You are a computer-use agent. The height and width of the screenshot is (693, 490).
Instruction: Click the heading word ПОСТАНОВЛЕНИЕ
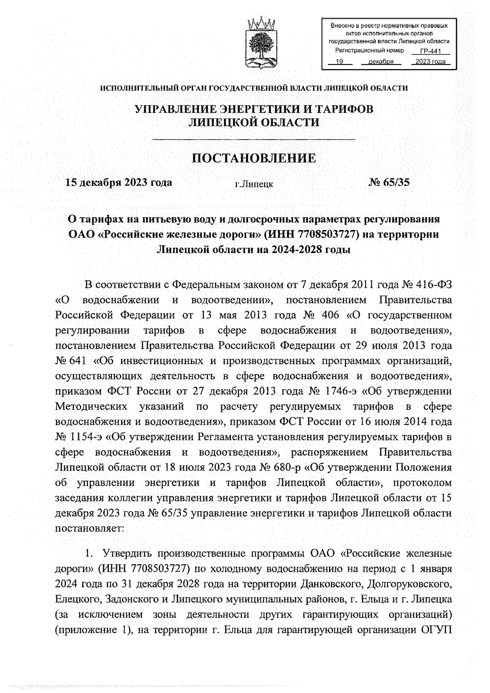coord(254,158)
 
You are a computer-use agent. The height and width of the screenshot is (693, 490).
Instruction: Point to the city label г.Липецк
coord(254,184)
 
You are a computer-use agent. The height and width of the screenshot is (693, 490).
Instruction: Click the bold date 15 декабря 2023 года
coord(119,182)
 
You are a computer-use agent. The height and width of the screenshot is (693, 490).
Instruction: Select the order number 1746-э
coord(341,391)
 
